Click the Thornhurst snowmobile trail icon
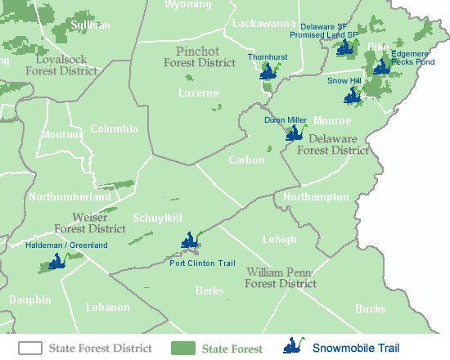coord(268,71)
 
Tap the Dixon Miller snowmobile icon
coord(294,133)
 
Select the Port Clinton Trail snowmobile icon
coord(190,241)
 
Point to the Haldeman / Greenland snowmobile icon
coord(56,262)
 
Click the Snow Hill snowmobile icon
coord(353,96)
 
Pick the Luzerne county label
coord(199,93)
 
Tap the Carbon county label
coord(246,160)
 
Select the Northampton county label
coord(316,197)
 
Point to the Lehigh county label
coord(280,239)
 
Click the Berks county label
coord(209,290)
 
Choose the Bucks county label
coord(370,308)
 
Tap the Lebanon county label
coord(107,307)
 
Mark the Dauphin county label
coord(29,300)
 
